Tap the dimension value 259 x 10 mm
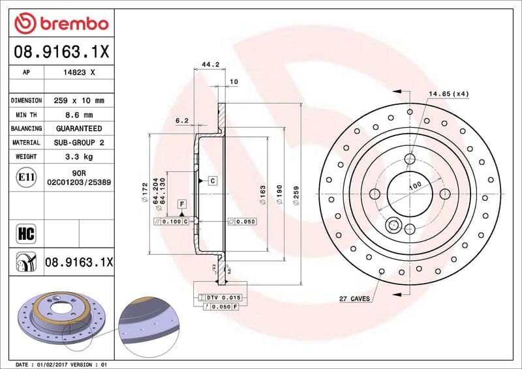pyautogui.click(x=78, y=100)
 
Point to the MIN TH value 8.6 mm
pyautogui.click(x=78, y=115)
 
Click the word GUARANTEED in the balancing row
pyautogui.click(x=78, y=128)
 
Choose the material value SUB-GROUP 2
pyautogui.click(x=78, y=142)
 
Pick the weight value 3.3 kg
pyautogui.click(x=78, y=156)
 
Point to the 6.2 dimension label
pyautogui.click(x=182, y=121)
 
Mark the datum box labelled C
pyautogui.click(x=213, y=180)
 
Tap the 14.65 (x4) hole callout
pyautogui.click(x=448, y=94)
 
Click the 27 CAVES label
pyautogui.click(x=354, y=299)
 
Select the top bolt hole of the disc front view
pyautogui.click(x=410, y=159)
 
